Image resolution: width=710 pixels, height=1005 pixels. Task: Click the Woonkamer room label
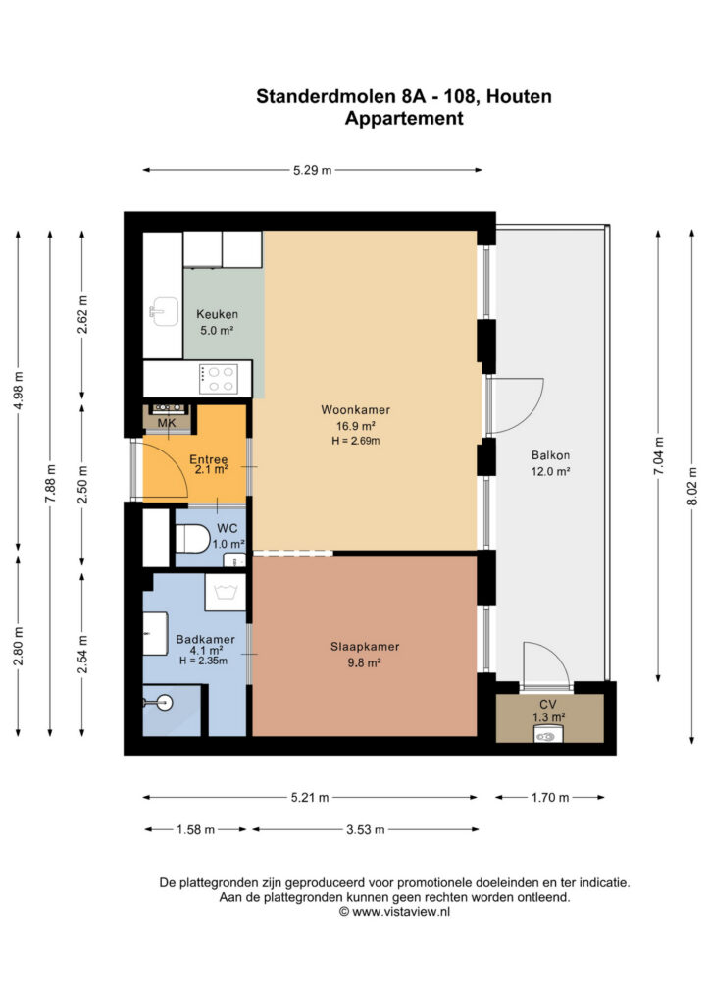pyautogui.click(x=355, y=409)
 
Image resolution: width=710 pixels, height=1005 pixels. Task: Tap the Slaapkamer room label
pyautogui.click(x=365, y=647)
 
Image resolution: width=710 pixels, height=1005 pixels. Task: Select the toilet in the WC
pyautogui.click(x=192, y=539)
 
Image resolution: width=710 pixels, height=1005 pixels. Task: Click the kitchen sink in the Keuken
pyautogui.click(x=164, y=311)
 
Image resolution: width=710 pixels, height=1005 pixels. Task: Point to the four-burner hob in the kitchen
pyautogui.click(x=219, y=379)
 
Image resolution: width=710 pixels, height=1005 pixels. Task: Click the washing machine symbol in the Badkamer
pyautogui.click(x=225, y=592)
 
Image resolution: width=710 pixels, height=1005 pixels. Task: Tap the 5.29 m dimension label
pyautogui.click(x=313, y=170)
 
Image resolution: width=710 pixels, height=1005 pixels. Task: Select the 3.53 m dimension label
pyautogui.click(x=366, y=829)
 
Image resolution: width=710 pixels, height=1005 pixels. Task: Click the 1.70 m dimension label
pyautogui.click(x=550, y=797)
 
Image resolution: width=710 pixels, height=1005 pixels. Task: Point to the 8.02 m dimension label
pyautogui.click(x=692, y=487)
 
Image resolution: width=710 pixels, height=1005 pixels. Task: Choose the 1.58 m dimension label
pyautogui.click(x=196, y=829)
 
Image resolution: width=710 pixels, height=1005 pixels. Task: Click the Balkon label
pyautogui.click(x=550, y=455)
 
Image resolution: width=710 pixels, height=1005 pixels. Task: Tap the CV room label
pyautogui.click(x=548, y=704)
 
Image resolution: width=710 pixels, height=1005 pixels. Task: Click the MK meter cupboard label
pyautogui.click(x=167, y=423)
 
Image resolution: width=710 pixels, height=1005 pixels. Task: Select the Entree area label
pyautogui.click(x=209, y=459)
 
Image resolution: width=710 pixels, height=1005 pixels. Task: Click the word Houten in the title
pyautogui.click(x=519, y=96)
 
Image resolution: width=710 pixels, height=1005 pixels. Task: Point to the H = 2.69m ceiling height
pyautogui.click(x=355, y=441)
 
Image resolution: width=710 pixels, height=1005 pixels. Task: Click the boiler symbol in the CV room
pyautogui.click(x=546, y=736)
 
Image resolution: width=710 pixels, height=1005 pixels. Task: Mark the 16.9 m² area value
pyautogui.click(x=355, y=426)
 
